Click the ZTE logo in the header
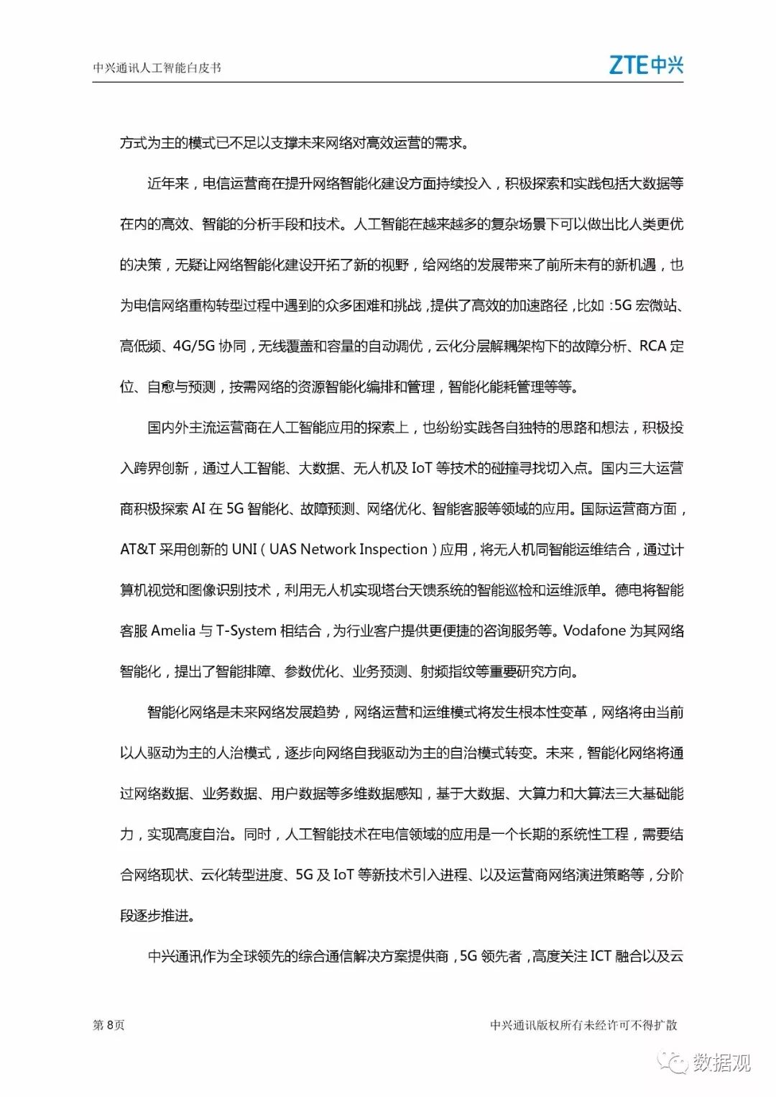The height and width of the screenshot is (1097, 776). [x=645, y=65]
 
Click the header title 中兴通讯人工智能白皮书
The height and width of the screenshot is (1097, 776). [x=157, y=68]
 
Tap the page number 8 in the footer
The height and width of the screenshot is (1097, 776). [x=110, y=1025]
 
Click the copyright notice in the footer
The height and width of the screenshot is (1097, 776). [x=583, y=1025]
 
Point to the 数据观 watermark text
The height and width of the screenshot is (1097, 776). [x=721, y=1062]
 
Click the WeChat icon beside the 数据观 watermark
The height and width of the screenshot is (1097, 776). [x=676, y=1062]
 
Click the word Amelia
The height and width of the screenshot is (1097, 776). [x=173, y=631]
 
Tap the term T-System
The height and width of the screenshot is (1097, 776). [x=246, y=631]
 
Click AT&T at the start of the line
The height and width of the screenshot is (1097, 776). [x=138, y=550]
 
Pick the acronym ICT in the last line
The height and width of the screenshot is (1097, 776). [x=601, y=957]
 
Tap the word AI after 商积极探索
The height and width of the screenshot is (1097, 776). [x=198, y=509]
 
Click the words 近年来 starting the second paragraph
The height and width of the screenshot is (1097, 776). [x=168, y=184]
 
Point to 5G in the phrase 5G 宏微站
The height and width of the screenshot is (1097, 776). [x=623, y=306]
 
